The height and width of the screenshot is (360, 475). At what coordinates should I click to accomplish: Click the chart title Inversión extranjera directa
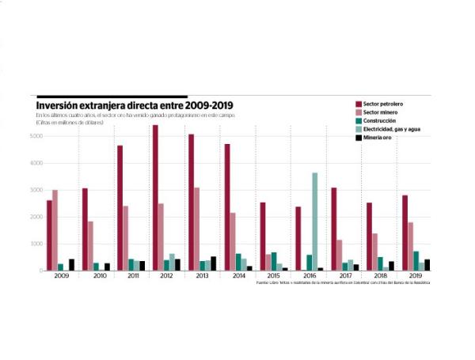(x=135, y=104)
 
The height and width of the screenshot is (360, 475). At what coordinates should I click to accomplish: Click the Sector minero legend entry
(x=383, y=112)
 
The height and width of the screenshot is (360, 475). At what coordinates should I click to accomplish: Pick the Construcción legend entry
(x=382, y=120)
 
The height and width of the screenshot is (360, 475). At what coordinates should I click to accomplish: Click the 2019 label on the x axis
(x=416, y=275)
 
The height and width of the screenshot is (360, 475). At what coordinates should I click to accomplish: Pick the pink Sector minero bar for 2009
(x=55, y=230)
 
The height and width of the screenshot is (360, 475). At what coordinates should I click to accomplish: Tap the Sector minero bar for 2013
(x=197, y=229)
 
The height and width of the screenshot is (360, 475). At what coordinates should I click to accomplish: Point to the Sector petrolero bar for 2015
(x=262, y=237)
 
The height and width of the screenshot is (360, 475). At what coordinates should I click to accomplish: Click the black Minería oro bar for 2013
(x=214, y=263)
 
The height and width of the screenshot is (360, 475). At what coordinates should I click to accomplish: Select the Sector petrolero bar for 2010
(x=85, y=229)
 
